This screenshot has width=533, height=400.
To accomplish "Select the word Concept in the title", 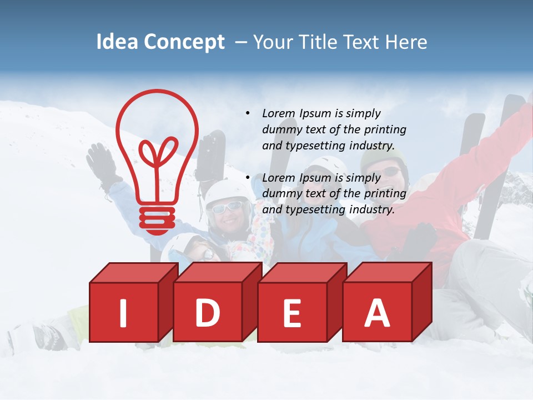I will click(x=184, y=42).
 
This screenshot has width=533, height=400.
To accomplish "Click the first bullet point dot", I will click(x=248, y=113).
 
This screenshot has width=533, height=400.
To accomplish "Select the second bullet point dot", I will click(x=248, y=178).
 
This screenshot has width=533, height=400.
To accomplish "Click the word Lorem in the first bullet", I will click(x=279, y=113).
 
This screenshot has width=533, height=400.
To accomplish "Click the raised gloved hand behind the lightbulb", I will click(x=101, y=161).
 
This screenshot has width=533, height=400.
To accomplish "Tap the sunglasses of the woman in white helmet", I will click(x=227, y=207).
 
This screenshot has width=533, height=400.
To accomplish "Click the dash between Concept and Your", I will click(x=242, y=42).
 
